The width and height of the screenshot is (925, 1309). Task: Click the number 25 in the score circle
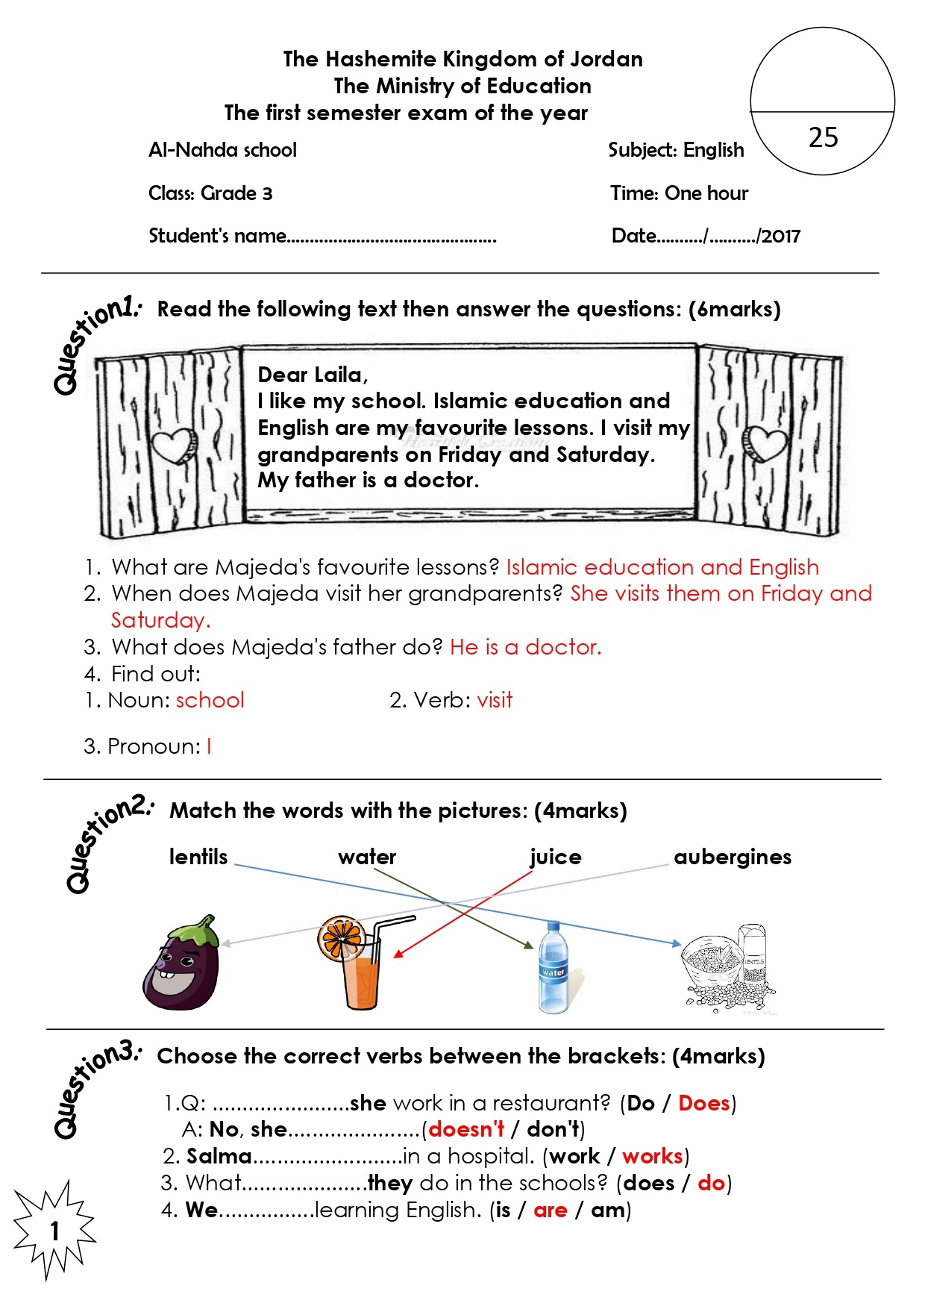[823, 137]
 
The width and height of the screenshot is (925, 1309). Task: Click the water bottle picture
[553, 968]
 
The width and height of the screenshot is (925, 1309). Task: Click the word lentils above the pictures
[198, 857]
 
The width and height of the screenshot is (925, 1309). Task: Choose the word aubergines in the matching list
[732, 857]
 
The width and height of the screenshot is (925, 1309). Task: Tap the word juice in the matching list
[555, 857]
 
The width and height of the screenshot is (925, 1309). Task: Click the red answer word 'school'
[210, 700]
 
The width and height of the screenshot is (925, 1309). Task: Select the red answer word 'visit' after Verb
[495, 700]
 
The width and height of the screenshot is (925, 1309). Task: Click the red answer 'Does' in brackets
[703, 1103]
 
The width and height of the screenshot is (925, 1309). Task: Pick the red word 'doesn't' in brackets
[466, 1129]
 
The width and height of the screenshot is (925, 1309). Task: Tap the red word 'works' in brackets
[652, 1156]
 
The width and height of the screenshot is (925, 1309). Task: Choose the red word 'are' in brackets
[550, 1210]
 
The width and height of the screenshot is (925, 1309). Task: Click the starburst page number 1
[54, 1231]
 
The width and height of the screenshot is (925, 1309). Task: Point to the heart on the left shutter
[174, 446]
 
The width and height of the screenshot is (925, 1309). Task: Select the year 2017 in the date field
[781, 237]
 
